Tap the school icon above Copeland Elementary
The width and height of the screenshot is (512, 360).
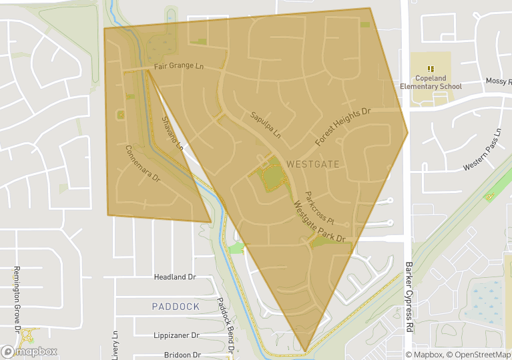click(431, 68)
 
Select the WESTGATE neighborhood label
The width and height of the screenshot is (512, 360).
click(312, 164)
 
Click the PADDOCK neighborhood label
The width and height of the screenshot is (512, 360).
click(176, 307)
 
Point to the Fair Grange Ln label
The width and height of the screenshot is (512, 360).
click(178, 66)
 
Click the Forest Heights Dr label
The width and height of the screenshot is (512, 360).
click(342, 126)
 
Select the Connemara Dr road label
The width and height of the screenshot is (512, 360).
click(143, 164)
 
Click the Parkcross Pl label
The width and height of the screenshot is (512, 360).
click(318, 208)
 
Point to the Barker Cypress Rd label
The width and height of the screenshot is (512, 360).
click(409, 297)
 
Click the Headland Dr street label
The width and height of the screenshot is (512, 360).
click(175, 277)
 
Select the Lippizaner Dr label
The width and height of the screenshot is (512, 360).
click(176, 335)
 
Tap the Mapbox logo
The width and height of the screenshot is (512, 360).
click(29, 351)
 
